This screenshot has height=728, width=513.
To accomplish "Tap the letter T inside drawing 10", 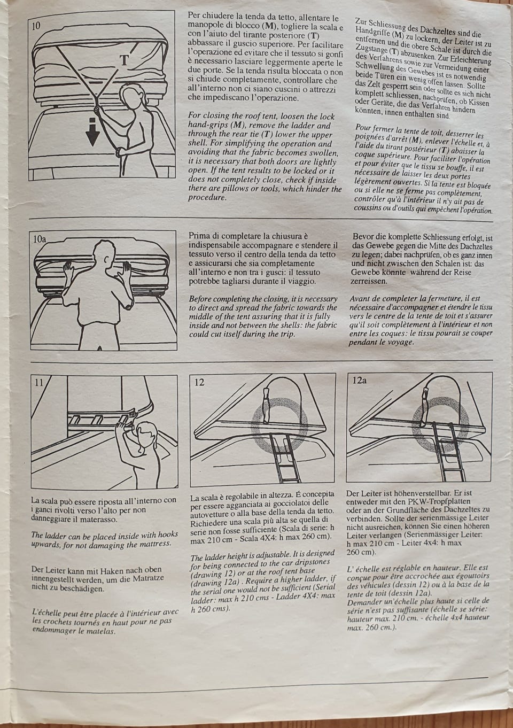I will click(x=123, y=60).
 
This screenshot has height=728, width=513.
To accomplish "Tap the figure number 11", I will click(x=38, y=382).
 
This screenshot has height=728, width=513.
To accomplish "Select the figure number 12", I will click(x=199, y=382).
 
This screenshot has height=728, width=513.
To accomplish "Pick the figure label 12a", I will click(x=360, y=381).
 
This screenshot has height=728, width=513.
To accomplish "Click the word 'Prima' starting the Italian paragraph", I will click(x=200, y=236).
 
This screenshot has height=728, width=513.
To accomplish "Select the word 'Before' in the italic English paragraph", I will click(x=201, y=299).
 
